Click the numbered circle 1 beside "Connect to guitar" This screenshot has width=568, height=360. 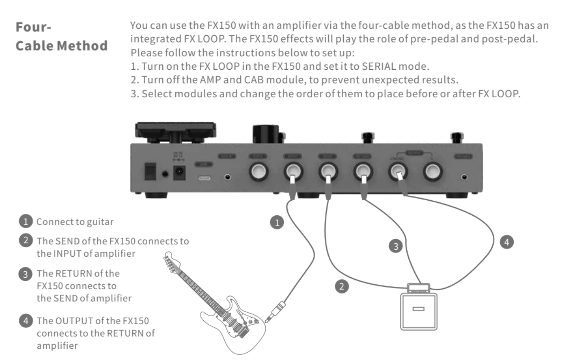tap(26, 222)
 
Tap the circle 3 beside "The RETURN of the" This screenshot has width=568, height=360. tap(26, 273)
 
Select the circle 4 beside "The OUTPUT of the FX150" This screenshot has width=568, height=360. tap(26, 321)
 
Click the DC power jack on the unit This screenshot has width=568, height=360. tap(179, 173)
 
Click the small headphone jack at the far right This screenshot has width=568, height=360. tap(465, 177)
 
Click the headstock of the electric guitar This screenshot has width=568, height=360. tap(169, 262)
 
